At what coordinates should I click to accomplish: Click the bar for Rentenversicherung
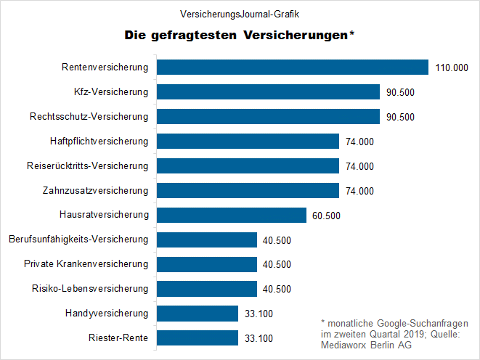pyautogui.click(x=293, y=67)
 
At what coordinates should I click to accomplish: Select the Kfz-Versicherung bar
pyautogui.click(x=269, y=92)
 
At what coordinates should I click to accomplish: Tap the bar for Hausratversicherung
pyautogui.click(x=232, y=216)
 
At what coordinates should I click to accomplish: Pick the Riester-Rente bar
pyautogui.click(x=198, y=338)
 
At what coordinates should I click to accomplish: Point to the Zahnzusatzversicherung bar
pyautogui.click(x=248, y=191)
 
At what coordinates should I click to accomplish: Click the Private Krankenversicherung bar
pyautogui.click(x=207, y=264)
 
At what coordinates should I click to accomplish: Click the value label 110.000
pyautogui.click(x=451, y=68)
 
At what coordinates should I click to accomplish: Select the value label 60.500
pyautogui.click(x=327, y=216)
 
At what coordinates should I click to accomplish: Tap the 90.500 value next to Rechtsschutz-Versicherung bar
pyautogui.click(x=399, y=117)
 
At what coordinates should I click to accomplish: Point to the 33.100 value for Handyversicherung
pyautogui.click(x=259, y=314)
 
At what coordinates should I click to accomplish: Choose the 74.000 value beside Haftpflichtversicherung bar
pyautogui.click(x=359, y=142)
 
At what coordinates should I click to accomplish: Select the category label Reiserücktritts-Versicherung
pyautogui.click(x=87, y=166)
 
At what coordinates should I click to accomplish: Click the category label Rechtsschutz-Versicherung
pyautogui.click(x=89, y=117)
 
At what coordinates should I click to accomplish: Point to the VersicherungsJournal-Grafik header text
pyautogui.click(x=239, y=14)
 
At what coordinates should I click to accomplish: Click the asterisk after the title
pyautogui.click(x=352, y=33)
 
